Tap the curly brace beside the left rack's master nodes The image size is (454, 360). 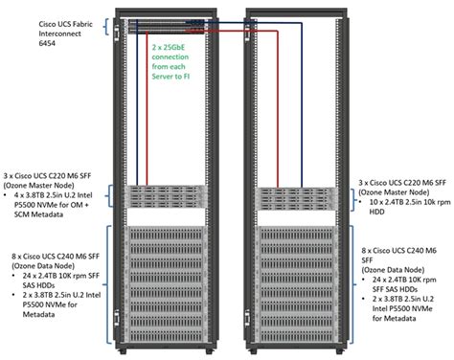[x=114, y=196]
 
